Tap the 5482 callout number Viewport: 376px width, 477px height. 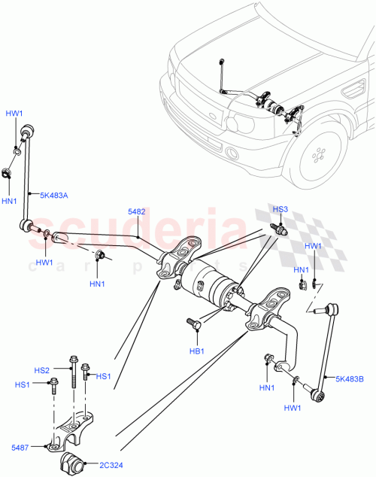click(137, 213)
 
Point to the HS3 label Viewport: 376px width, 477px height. click(280, 210)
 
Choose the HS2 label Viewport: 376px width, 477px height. click(41, 370)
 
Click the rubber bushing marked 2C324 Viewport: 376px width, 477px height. click(71, 460)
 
